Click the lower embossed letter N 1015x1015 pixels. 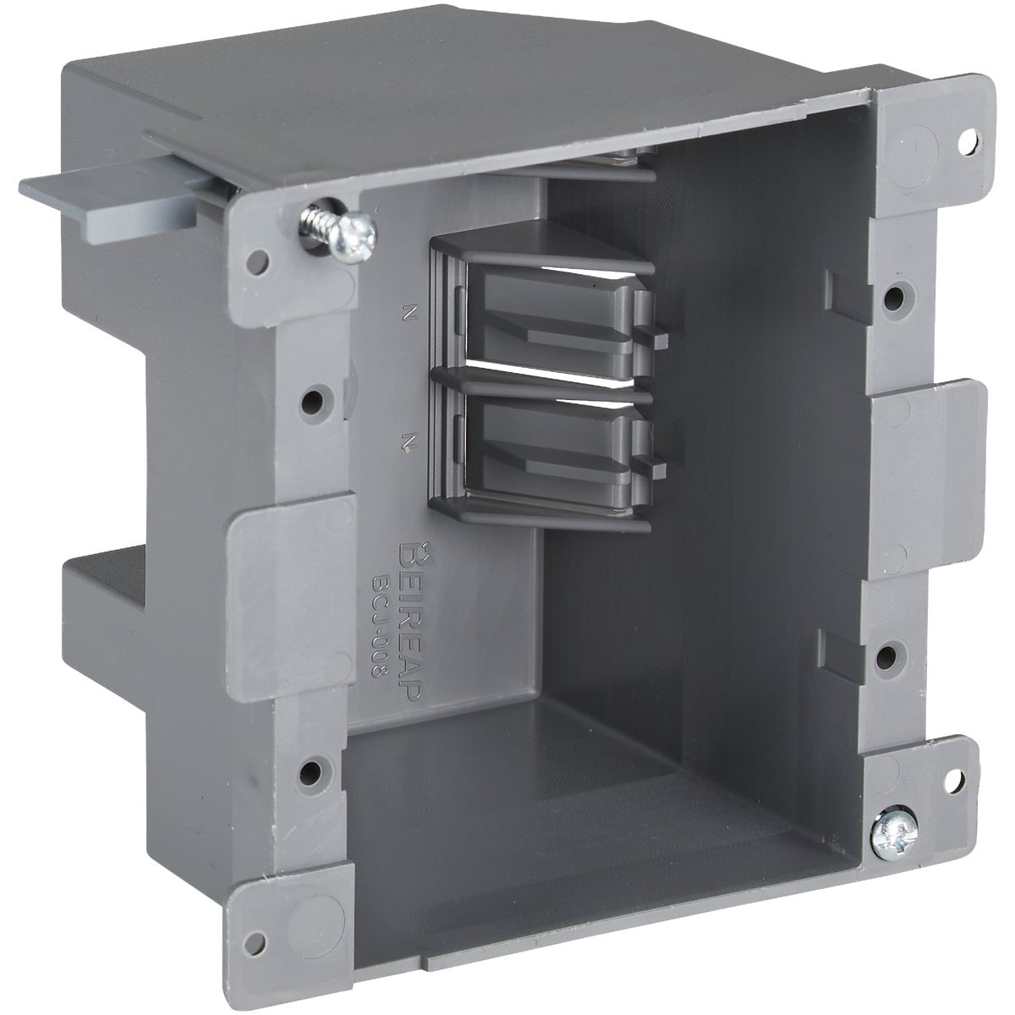409,440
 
